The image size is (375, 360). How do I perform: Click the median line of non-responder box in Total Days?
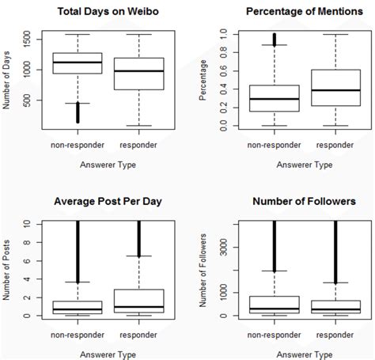(x=78, y=63)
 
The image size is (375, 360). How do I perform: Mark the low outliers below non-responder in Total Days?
(x=78, y=112)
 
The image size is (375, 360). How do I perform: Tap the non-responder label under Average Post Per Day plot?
(x=78, y=332)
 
